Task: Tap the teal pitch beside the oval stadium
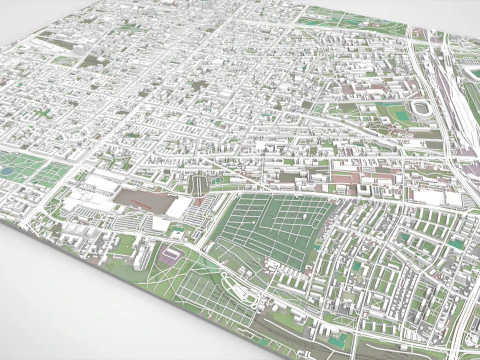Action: pyautogui.click(x=398, y=113)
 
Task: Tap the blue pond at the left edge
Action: pyautogui.click(x=9, y=171)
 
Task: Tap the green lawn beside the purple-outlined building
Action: pyautogui.click(x=150, y=262)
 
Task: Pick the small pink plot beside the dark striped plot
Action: pyautogui.click(x=214, y=183)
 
